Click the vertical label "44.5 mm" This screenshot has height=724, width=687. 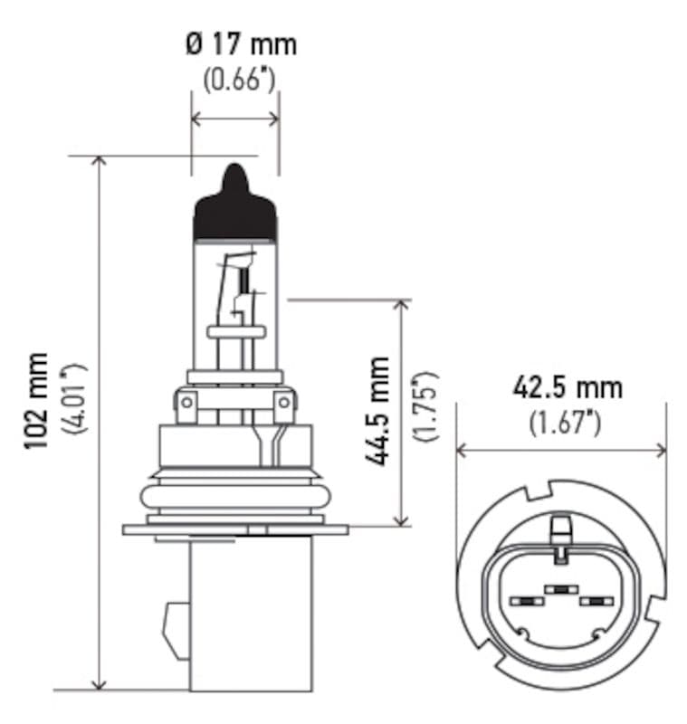(377, 412)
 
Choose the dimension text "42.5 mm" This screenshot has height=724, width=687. (568, 387)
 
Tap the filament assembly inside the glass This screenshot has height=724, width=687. (237, 290)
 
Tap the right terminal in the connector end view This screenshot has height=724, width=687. (596, 601)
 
